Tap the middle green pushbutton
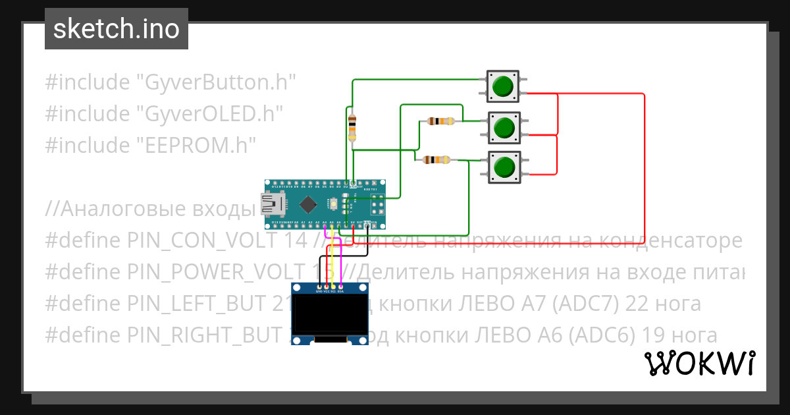coord(504,126)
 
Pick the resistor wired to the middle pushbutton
coord(440,121)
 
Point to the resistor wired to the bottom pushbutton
coord(436,159)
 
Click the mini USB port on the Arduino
coord(271,205)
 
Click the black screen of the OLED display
coord(329,315)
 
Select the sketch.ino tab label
coord(117,29)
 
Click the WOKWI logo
coord(699,364)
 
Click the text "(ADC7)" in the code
coord(602,304)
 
